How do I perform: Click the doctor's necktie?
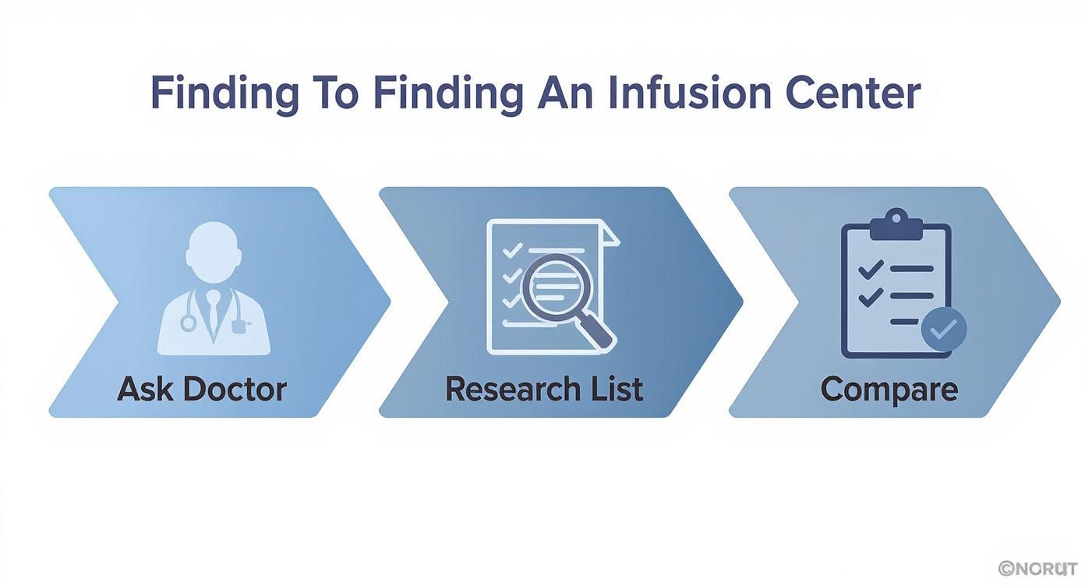pos(214,316)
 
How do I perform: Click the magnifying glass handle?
pos(599,334)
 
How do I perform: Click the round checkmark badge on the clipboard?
pos(944,330)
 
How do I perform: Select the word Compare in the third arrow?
pos(889,388)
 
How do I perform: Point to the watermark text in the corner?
pos(1037,568)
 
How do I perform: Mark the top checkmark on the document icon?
pos(511,251)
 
